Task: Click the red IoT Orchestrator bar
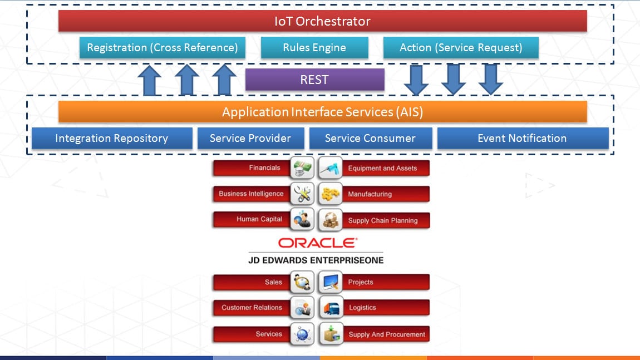[x=322, y=21]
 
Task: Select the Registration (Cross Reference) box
[x=162, y=47]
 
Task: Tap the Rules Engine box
[x=314, y=47]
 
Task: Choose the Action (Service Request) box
[x=461, y=47]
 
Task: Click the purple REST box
[x=314, y=80]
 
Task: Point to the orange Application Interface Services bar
[x=322, y=112]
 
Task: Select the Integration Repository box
[x=111, y=139]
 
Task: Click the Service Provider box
[x=250, y=139]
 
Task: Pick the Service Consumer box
[x=370, y=139]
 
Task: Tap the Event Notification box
[x=522, y=139]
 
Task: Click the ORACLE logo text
[x=318, y=243]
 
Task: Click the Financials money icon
[x=302, y=167]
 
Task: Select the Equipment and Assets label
[x=382, y=168]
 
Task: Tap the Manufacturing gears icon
[x=330, y=194]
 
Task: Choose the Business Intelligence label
[x=251, y=194]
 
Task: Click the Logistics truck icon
[x=330, y=308]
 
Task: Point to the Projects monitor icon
[x=330, y=282]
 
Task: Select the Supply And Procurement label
[x=387, y=334]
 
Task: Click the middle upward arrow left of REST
[x=187, y=80]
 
